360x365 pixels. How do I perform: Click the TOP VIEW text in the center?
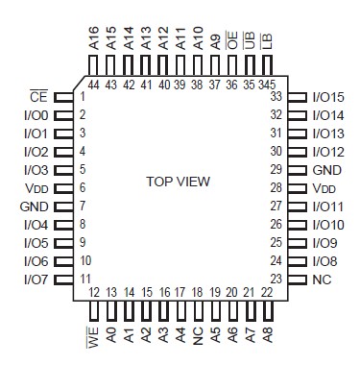tap(178, 182)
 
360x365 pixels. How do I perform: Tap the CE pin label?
tap(37, 97)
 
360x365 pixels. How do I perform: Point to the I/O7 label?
tap(35, 279)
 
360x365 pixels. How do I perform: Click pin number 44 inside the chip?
tap(94, 85)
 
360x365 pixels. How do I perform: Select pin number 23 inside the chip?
tap(275, 279)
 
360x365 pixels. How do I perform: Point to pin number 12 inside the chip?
tap(94, 292)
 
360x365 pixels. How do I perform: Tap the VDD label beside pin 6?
tap(36, 188)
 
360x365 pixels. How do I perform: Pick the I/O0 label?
tap(35, 115)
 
